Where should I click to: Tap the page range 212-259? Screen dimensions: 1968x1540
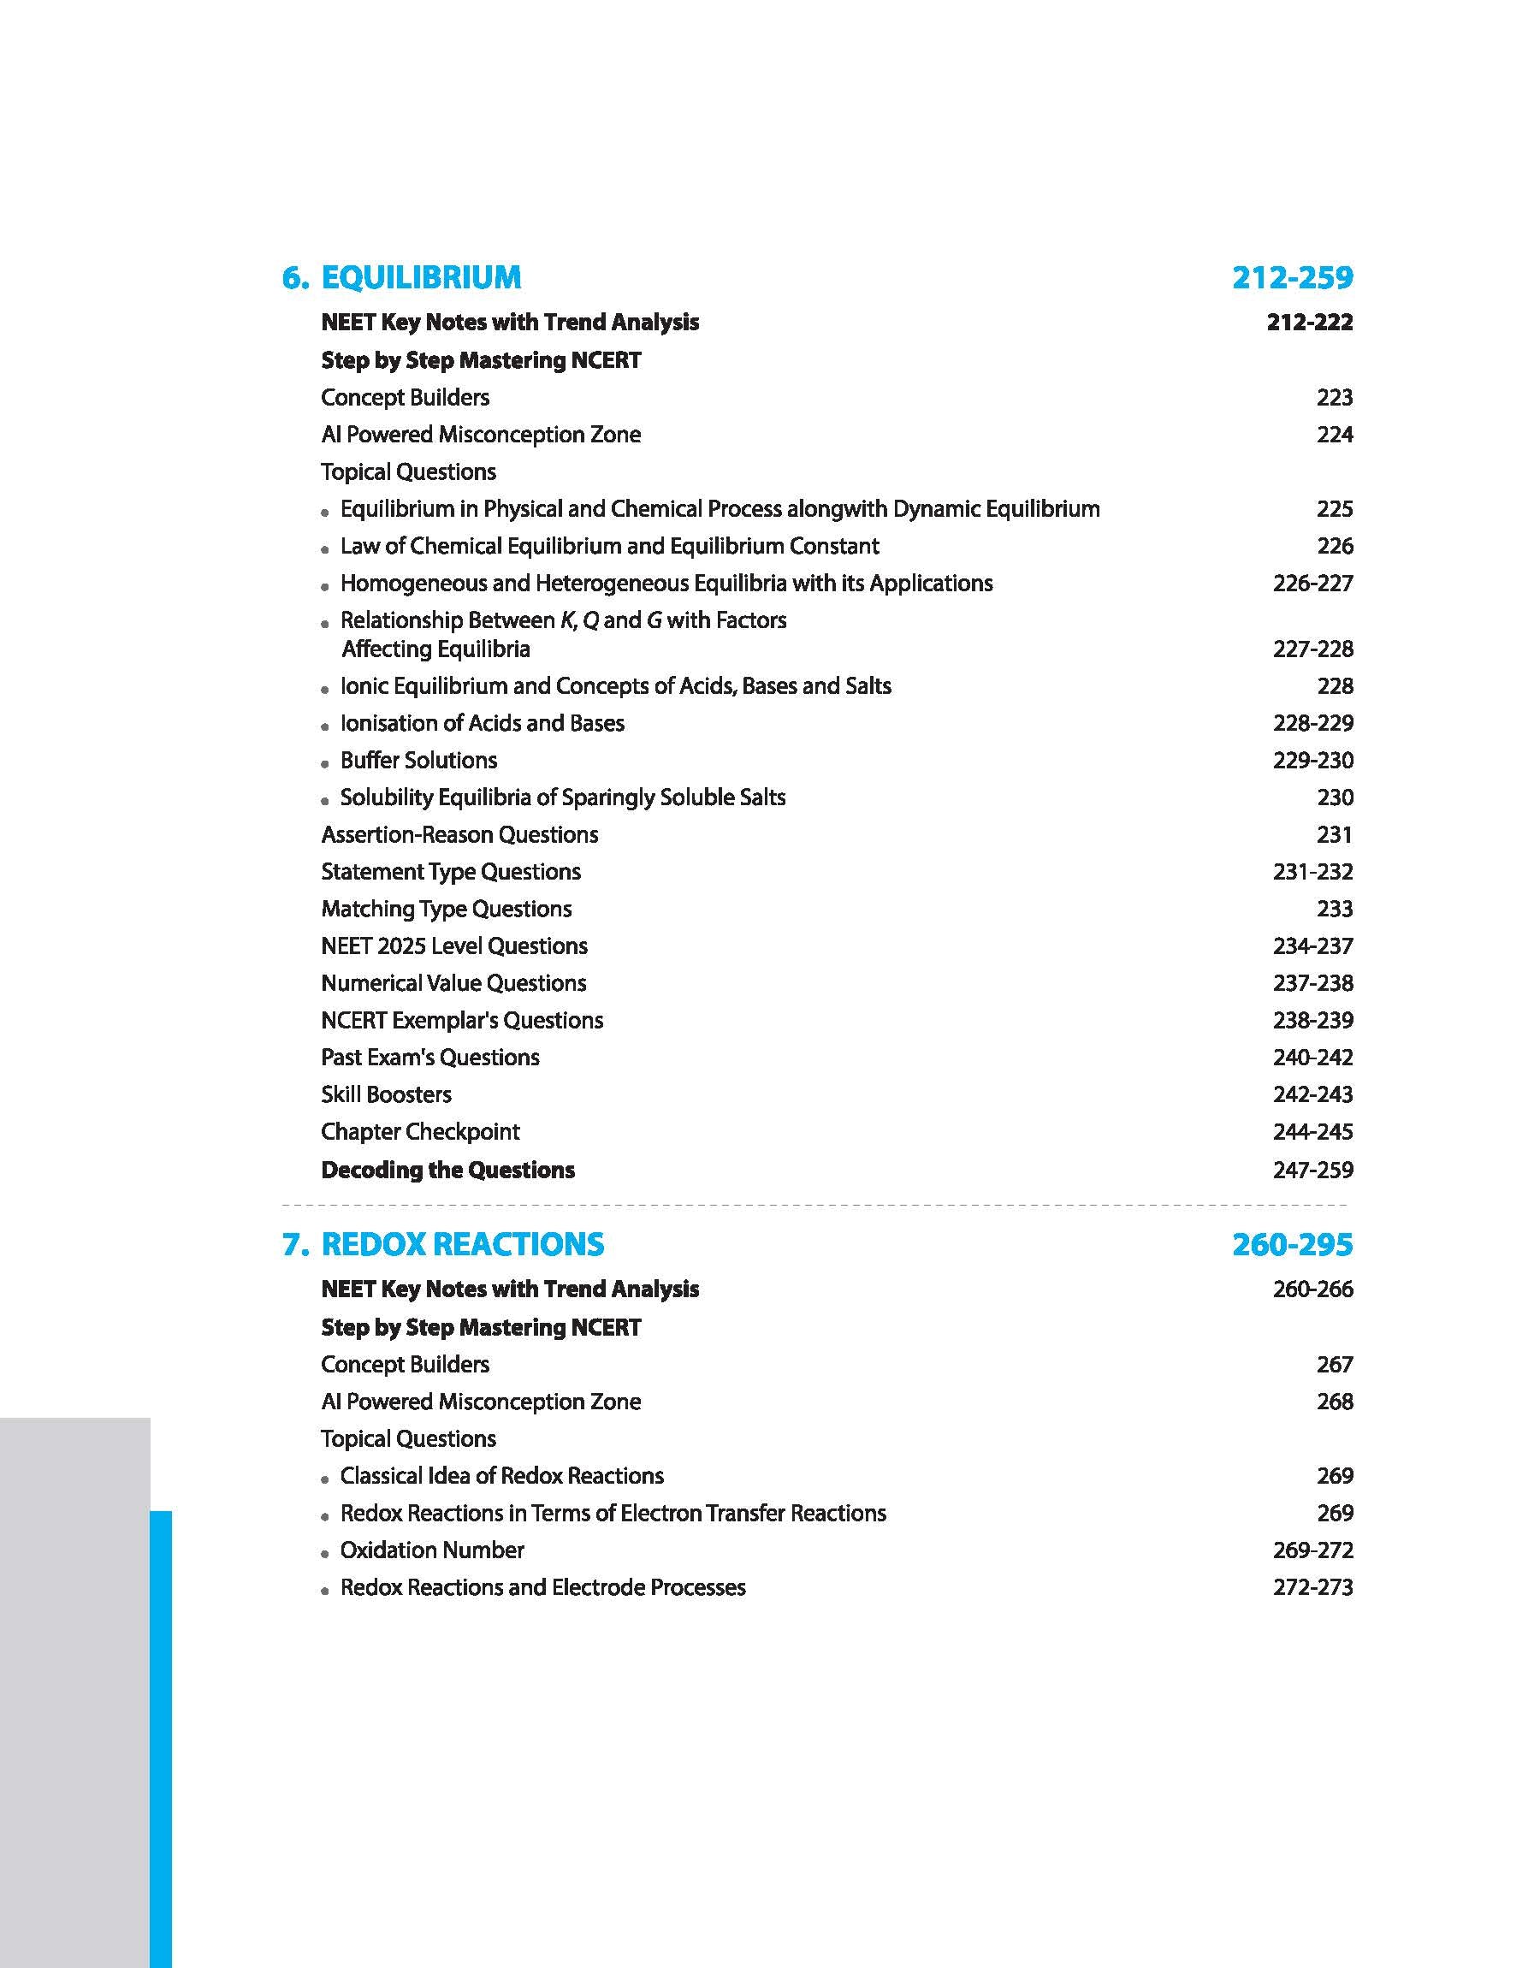point(1292,278)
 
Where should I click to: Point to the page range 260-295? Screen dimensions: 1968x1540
point(1292,1244)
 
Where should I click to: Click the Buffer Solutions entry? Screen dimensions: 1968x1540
point(418,760)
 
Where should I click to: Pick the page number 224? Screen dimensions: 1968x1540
point(1335,435)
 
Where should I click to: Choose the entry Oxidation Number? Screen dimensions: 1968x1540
point(432,1550)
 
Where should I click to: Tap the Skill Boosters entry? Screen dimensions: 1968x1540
point(386,1094)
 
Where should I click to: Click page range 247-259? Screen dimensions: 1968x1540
point(1312,1171)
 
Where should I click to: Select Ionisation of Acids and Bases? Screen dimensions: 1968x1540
point(483,723)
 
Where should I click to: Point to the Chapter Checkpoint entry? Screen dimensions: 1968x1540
point(420,1131)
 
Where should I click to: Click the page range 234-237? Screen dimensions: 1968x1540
point(1312,945)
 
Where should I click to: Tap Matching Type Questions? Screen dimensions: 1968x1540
point(447,909)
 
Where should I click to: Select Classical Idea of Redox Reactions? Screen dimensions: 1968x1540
point(501,1476)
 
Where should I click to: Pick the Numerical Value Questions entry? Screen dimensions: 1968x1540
point(453,982)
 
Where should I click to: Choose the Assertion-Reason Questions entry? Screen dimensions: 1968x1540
point(459,835)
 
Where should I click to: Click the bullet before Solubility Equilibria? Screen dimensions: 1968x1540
point(325,800)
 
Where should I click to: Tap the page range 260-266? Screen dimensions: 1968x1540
point(1312,1289)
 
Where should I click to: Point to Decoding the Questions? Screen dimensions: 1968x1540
point(448,1171)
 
